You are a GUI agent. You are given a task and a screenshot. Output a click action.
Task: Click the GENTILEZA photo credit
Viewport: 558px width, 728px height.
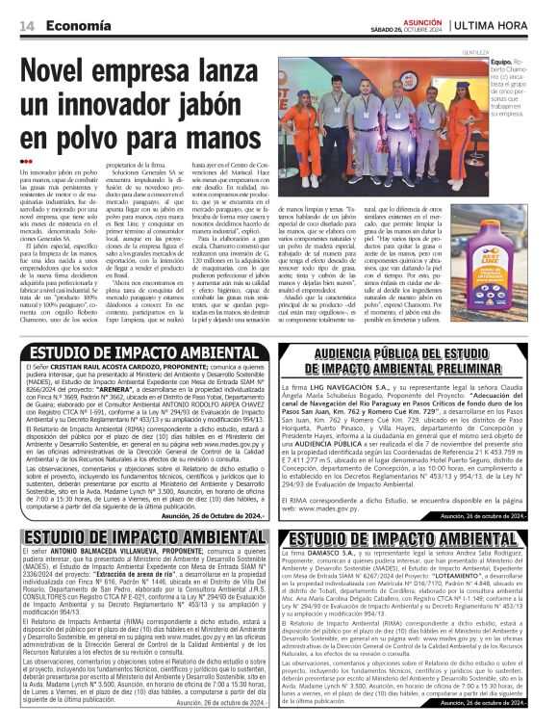(x=477, y=51)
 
